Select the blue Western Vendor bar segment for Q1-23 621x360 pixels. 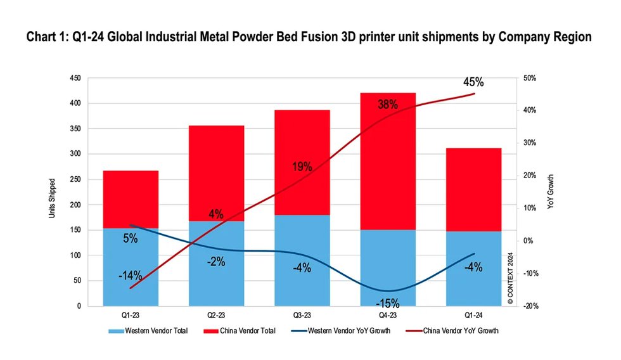(x=131, y=266)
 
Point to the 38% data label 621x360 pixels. (x=388, y=105)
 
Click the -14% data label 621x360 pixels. (x=130, y=276)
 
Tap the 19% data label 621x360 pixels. (x=302, y=167)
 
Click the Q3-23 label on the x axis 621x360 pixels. (x=302, y=314)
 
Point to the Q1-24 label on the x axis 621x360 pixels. (x=474, y=314)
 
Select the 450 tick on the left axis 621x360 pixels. (x=75, y=78)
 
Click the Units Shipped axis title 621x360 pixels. (x=52, y=198)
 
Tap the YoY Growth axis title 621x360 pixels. (x=551, y=191)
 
